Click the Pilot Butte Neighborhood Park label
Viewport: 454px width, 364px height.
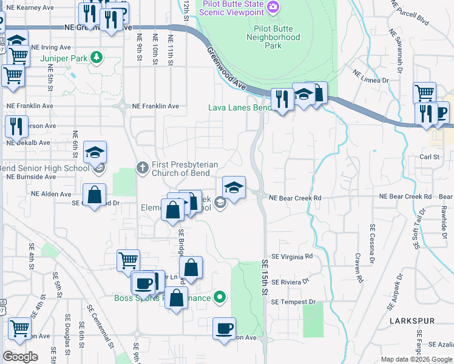click(273, 37)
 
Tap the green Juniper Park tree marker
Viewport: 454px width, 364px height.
click(96, 58)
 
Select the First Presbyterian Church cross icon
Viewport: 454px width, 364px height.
click(142, 167)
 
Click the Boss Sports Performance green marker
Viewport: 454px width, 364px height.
click(220, 297)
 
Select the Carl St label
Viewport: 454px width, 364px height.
click(429, 157)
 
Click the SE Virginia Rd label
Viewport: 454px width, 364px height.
click(291, 257)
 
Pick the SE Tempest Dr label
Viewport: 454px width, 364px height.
click(293, 302)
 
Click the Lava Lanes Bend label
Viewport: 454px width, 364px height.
click(239, 107)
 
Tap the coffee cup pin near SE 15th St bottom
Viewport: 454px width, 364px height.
click(224, 328)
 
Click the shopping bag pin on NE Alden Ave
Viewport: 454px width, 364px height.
click(95, 195)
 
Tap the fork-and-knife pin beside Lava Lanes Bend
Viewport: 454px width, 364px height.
click(282, 98)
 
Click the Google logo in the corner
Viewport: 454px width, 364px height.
click(21, 357)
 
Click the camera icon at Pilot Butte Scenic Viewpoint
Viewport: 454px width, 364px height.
click(274, 7)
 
